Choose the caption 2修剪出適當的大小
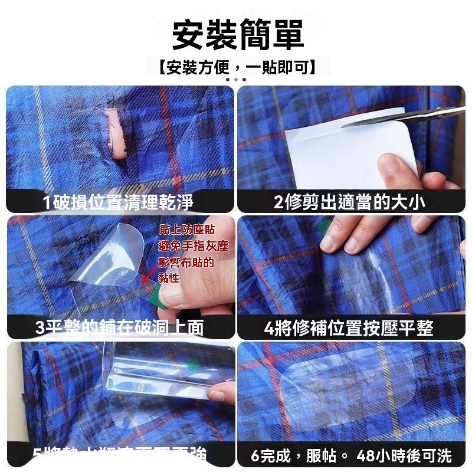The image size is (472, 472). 349,203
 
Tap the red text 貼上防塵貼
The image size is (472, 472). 186,230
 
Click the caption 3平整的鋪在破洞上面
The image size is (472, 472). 119,327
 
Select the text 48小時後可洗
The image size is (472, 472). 404,455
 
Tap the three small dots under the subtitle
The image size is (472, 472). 236,79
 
